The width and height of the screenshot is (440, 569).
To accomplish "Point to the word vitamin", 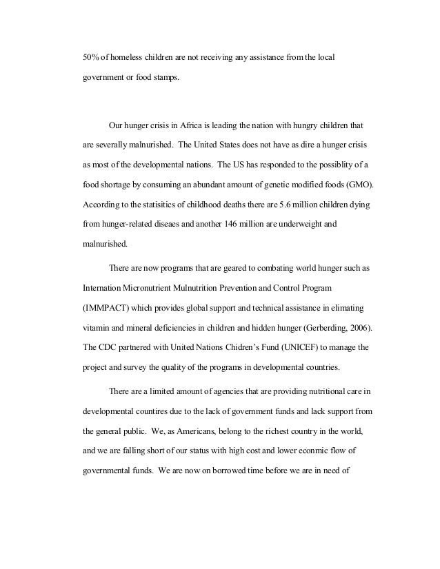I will click(97, 324).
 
